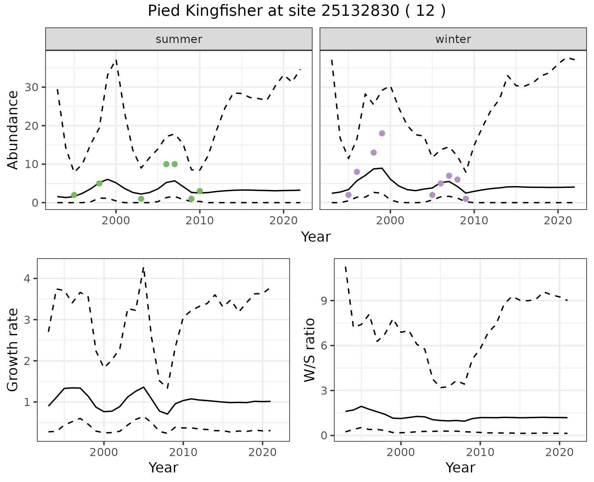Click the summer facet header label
(179, 39)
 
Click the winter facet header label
(453, 39)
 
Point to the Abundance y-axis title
(13, 130)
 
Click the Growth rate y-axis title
(13, 350)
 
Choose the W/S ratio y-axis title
(310, 350)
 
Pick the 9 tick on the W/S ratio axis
(324, 301)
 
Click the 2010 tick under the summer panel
(200, 221)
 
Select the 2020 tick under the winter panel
(558, 221)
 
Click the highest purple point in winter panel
(382, 133)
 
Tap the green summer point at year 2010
(200, 191)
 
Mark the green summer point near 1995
(74, 195)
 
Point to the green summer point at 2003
(141, 199)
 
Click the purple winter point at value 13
(373, 153)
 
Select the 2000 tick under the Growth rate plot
(104, 452)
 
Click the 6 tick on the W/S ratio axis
(324, 345)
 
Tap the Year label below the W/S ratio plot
(460, 467)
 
